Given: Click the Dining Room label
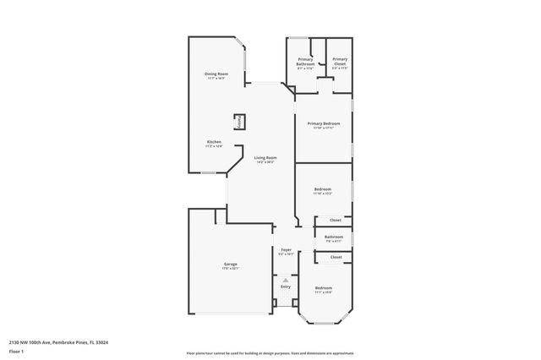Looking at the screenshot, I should pos(216,74).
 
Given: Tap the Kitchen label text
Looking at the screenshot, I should pos(214,141).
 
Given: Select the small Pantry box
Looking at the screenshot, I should pos(240,122).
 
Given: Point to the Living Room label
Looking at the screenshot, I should pos(265,157).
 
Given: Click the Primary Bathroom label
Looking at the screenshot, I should pos(305,61).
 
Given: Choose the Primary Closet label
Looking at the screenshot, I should pos(340,61).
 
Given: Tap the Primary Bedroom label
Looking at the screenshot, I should pos(324,123).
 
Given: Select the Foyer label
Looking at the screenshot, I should pos(286,249).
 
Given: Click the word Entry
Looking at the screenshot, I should pos(286,286).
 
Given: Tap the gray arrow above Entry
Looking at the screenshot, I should pos(286,279).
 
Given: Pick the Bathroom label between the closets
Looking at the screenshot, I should pos(333,237).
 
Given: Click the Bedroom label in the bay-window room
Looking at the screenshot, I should pos(324,287).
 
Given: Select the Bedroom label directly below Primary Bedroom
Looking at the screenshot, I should pos(322,188).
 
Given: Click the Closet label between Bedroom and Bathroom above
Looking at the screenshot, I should pos(336,220).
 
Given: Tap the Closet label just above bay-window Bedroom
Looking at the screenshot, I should pos(336,257).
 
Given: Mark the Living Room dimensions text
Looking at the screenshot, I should pos(265,162).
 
